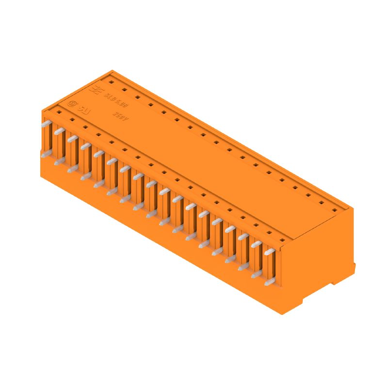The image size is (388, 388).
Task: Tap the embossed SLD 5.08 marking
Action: click(113, 98)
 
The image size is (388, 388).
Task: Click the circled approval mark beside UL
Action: click(73, 103)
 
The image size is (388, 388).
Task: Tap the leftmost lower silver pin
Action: click(46, 155)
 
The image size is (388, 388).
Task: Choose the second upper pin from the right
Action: click(256, 245)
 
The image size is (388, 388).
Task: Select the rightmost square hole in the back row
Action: click(334, 210)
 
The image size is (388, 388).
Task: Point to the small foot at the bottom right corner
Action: click(353, 268)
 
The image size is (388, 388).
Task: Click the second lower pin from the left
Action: click(59, 162)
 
